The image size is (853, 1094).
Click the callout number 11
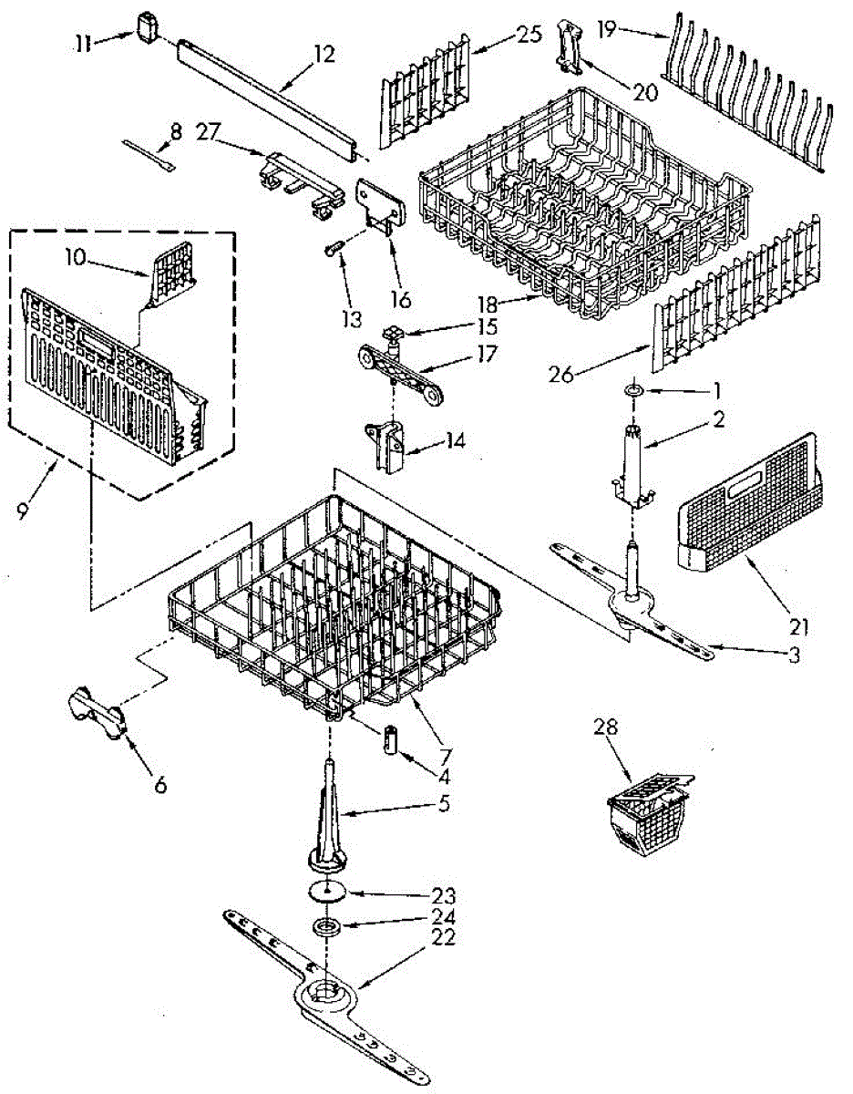coord(84,42)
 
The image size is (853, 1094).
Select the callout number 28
coord(606,727)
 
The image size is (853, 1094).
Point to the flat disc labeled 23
coord(325,891)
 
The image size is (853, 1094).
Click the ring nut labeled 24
coord(324,928)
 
